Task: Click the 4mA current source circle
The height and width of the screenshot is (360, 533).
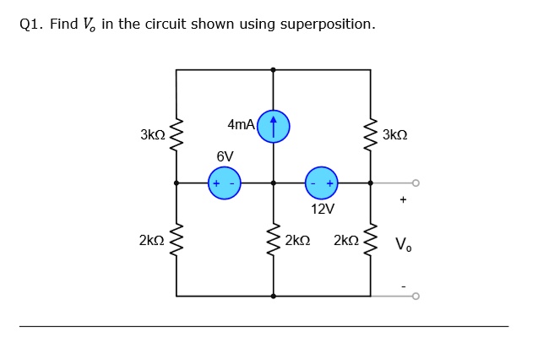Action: coord(273,125)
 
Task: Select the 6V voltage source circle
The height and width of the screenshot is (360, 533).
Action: coord(225,183)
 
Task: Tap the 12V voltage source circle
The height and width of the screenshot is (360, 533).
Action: coord(322,183)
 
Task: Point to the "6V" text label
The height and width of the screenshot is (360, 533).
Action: coord(225,156)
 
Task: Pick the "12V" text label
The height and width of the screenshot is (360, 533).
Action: coord(322,209)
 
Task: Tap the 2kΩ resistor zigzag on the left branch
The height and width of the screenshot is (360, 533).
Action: coord(177,240)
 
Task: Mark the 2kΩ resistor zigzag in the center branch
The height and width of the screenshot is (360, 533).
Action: coord(273,240)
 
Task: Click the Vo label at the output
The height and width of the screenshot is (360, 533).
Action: coord(404,246)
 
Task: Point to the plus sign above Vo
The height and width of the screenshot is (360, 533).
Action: coord(404,200)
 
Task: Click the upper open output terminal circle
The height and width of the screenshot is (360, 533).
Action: coord(415,183)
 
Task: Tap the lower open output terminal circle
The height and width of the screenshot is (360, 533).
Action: coord(415,297)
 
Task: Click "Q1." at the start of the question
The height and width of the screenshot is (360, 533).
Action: coord(30,24)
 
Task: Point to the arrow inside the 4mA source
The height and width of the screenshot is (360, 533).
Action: coord(273,124)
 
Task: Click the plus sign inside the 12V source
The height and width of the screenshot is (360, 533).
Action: coord(330,183)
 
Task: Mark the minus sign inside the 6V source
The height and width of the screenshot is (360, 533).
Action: coord(232,183)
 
